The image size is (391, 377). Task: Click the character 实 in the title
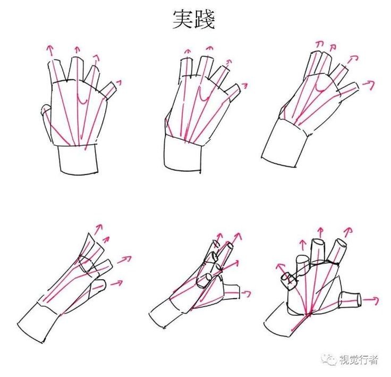[x=183, y=20]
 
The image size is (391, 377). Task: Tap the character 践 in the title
[x=205, y=20]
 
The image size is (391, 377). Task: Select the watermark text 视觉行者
[x=359, y=360]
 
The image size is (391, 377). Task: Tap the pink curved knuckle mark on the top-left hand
[x=82, y=100]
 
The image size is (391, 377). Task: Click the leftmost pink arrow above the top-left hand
[x=50, y=50]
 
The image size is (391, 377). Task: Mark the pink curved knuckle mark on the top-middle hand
[x=205, y=96]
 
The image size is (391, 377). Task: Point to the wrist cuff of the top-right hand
[x=284, y=143]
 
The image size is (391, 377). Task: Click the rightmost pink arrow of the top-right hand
[x=369, y=85]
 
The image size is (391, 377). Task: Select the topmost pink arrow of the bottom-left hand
[x=98, y=229]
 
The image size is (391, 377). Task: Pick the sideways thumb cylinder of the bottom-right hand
[x=350, y=299]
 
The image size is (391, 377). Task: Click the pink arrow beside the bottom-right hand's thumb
[x=371, y=299]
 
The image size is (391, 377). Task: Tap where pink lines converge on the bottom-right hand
[x=310, y=314]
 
